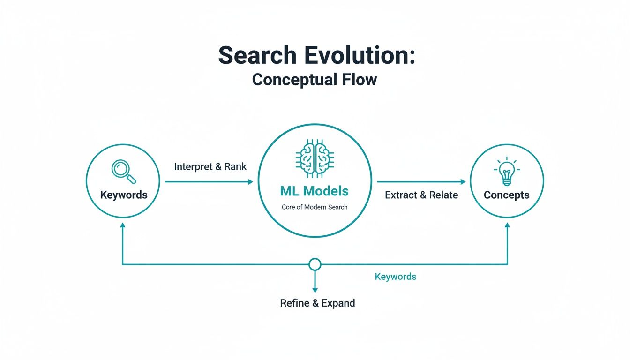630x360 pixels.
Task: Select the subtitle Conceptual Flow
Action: coord(315,79)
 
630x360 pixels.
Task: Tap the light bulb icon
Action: coord(506,172)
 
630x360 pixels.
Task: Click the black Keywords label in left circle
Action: coord(124,195)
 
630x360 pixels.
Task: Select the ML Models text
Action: coord(315,191)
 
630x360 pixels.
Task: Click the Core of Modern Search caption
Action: coord(315,207)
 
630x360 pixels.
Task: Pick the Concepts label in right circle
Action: coord(506,195)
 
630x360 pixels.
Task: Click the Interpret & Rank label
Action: coord(210,166)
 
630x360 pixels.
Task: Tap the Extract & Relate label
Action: coord(421,195)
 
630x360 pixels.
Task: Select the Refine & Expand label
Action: coord(317,303)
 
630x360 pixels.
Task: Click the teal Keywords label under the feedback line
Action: coord(395,277)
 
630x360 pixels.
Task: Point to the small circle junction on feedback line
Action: coord(315,264)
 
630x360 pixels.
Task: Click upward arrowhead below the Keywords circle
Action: coord(123,225)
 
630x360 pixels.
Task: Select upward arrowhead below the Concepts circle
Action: coord(507,225)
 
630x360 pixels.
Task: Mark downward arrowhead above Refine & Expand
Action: coord(315,290)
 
